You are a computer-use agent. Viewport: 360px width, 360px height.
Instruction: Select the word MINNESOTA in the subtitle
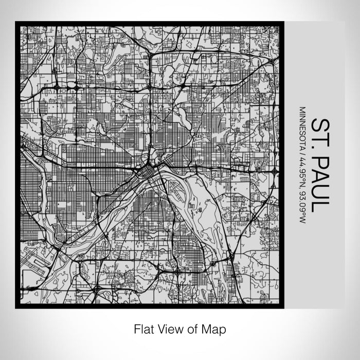pyautogui.click(x=302, y=127)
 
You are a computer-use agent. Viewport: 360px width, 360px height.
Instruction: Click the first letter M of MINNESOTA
pyautogui.click(x=302, y=110)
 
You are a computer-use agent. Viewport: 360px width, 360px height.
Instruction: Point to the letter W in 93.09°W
pyautogui.click(x=302, y=220)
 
